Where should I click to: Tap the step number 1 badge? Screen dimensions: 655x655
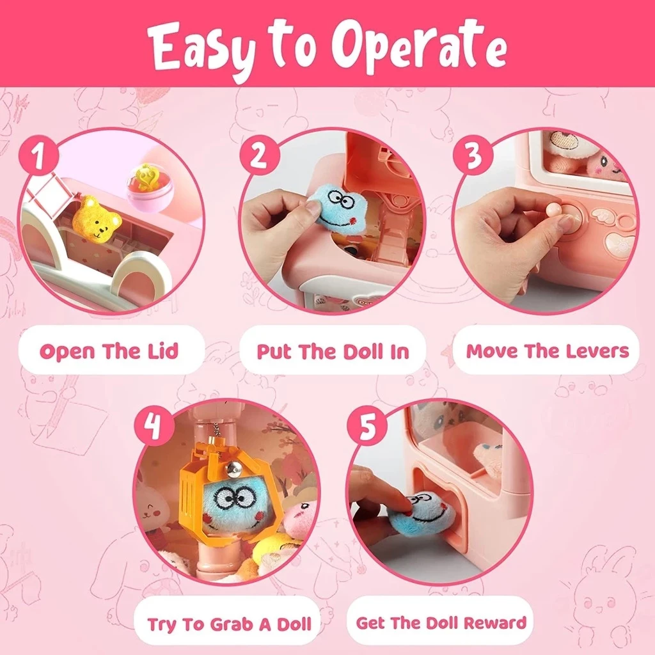(38, 155)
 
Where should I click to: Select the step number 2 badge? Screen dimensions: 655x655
(259, 155)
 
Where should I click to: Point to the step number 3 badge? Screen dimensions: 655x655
(473, 155)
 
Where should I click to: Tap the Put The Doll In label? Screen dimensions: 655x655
(333, 351)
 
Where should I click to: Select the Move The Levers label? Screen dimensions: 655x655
(548, 351)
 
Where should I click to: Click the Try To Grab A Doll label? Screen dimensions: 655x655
(230, 624)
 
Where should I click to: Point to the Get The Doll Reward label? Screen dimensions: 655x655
(441, 622)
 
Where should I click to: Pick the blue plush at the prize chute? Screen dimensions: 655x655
(423, 516)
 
